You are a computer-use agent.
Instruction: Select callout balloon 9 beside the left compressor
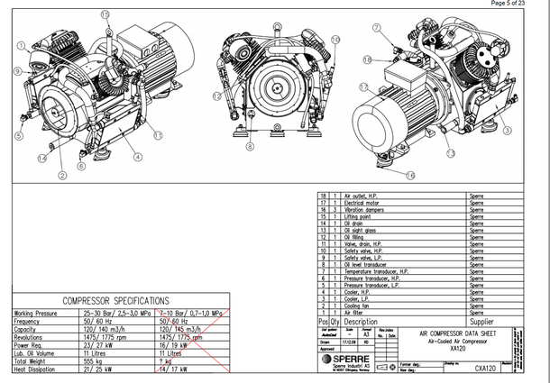(x=17, y=70)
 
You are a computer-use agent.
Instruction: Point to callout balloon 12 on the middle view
(x=216, y=95)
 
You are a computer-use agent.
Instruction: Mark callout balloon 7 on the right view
(x=375, y=27)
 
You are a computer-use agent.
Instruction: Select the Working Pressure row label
(x=39, y=314)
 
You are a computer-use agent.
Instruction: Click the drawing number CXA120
(x=487, y=368)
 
